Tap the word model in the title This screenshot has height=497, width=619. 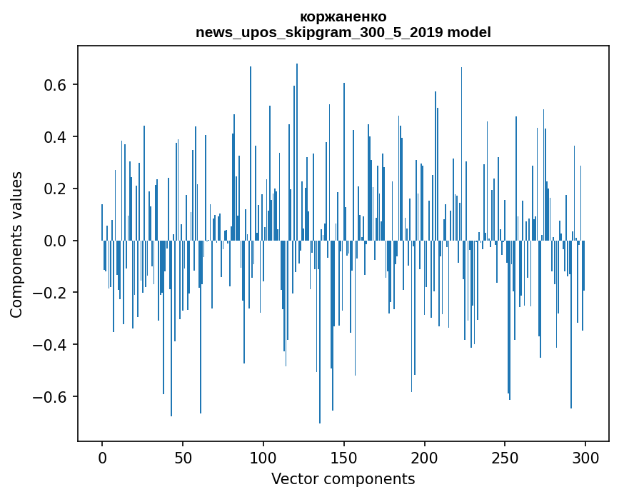pyautogui.click(x=469, y=33)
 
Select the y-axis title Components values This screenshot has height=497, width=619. pyautogui.click(x=16, y=244)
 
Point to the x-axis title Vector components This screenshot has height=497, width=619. pyautogui.click(x=343, y=479)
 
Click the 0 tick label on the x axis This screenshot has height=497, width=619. pyautogui.click(x=102, y=457)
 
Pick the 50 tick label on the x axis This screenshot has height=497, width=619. pyautogui.click(x=183, y=457)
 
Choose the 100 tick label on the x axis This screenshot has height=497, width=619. pyautogui.click(x=263, y=457)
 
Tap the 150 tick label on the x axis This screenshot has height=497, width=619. pyautogui.click(x=344, y=457)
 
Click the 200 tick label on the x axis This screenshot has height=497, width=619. pyautogui.click(x=425, y=457)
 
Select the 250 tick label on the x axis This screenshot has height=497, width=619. pyautogui.click(x=505, y=457)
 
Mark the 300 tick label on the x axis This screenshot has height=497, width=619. pyautogui.click(x=586, y=457)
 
